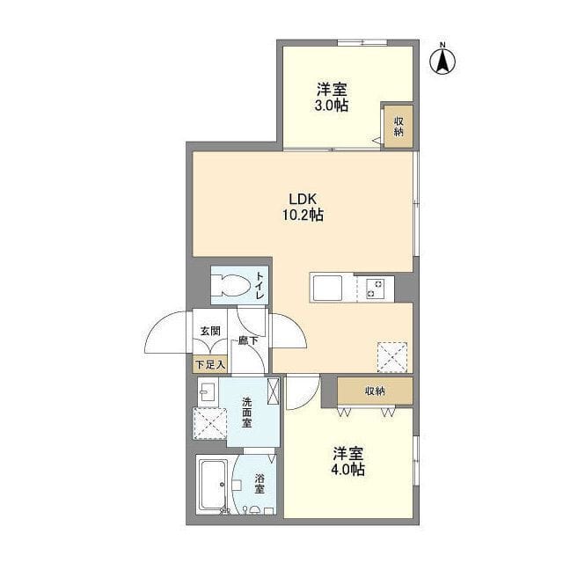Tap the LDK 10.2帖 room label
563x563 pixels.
point(303,207)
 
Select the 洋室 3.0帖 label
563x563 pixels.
point(332,97)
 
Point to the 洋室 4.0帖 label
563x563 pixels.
point(348,461)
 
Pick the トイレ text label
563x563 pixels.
point(260,285)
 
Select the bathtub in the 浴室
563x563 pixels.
point(213,484)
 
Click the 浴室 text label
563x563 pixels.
point(260,483)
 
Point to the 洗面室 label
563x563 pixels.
point(246,412)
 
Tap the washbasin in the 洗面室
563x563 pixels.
point(208,391)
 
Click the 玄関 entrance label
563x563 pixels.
point(210,331)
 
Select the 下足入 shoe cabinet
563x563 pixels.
point(210,365)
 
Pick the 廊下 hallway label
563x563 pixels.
point(248,340)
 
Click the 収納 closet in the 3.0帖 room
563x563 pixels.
point(398,126)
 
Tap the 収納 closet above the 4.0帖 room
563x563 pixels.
point(375,391)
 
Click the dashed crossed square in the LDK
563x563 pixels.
point(392,357)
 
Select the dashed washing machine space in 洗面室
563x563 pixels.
point(210,423)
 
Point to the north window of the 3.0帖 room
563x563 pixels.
point(362,42)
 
